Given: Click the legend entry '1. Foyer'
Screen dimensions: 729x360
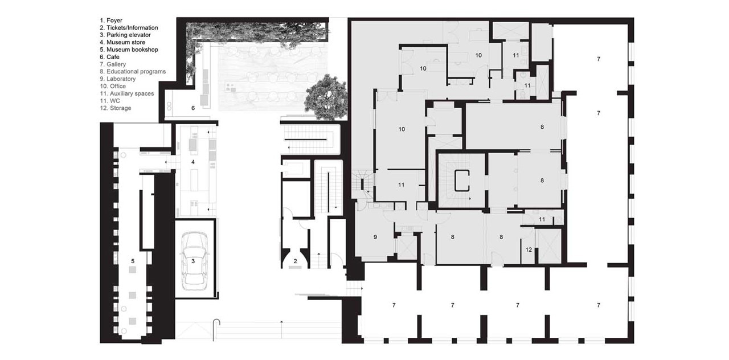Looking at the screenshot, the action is [111, 21].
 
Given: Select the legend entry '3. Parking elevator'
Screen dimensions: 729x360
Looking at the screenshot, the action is [125, 35].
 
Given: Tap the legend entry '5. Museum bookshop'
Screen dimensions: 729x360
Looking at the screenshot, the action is [129, 50].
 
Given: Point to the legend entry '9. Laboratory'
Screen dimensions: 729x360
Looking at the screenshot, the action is [117, 79].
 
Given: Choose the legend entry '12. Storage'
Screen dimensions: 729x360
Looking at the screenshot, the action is [116, 108].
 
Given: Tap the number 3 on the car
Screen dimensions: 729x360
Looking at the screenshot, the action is [193, 261].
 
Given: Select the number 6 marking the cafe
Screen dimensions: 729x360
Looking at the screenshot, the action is [193, 108].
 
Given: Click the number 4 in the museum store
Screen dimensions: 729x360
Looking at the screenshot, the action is [193, 162].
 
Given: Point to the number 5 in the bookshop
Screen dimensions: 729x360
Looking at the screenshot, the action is [133, 261].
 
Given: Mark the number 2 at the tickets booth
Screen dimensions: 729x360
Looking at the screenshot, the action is [295, 261].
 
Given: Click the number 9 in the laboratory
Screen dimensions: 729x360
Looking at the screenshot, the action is [375, 238].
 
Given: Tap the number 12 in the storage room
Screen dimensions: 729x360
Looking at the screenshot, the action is [529, 249].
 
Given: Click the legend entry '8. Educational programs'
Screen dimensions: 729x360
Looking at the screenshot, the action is [133, 72].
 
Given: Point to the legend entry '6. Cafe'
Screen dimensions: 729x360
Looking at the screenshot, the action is [110, 57].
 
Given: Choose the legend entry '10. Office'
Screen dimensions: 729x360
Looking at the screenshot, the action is [113, 86].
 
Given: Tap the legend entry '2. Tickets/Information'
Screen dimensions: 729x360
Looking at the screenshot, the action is [129, 28].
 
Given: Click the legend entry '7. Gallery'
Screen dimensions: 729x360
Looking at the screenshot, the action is [113, 64].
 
